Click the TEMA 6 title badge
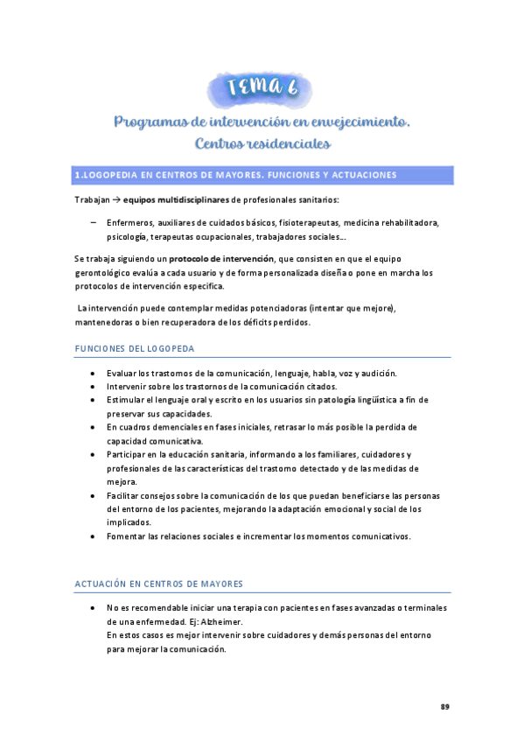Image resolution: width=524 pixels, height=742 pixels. (262, 88)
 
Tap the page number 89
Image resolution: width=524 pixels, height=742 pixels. (444, 706)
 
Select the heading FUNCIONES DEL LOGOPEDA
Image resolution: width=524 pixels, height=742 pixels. (135, 349)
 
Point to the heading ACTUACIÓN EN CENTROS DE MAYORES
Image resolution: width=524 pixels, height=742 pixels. (158, 584)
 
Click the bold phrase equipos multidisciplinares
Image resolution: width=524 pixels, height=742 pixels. (176, 200)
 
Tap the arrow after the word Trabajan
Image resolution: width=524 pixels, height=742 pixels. (115, 200)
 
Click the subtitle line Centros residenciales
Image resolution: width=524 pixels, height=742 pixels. (262, 143)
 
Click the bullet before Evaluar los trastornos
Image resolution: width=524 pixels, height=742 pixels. (94, 374)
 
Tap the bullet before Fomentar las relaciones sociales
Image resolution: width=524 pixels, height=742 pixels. (94, 536)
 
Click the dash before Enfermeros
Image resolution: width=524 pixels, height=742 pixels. (94, 223)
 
